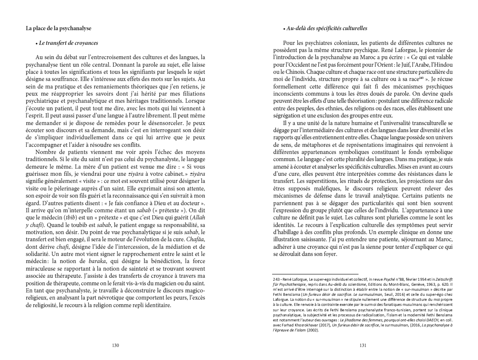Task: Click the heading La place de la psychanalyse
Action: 59,29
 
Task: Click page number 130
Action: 116,346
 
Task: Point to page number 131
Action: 364,346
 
